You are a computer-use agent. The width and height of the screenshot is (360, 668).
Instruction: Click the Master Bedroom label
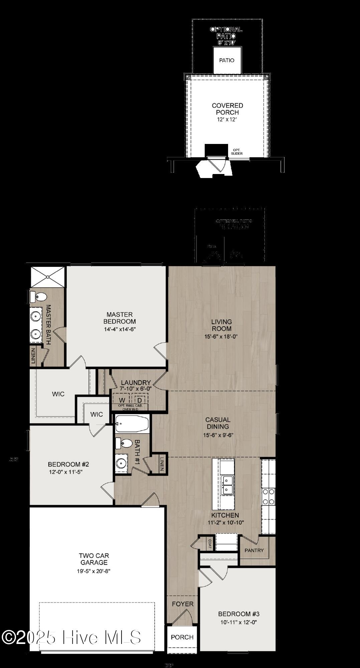(120, 318)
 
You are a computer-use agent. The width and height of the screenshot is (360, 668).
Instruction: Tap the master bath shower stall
(47, 277)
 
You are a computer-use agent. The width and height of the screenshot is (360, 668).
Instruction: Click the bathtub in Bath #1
(132, 424)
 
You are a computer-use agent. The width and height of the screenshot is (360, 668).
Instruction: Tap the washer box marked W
(123, 400)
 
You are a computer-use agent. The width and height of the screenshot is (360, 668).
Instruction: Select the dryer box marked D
(140, 400)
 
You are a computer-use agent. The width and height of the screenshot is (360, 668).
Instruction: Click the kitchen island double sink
(228, 485)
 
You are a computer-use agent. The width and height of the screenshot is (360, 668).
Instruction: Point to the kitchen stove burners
(268, 496)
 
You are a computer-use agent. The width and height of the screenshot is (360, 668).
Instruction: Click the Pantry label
(254, 550)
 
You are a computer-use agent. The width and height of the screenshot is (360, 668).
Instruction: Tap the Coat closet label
(210, 543)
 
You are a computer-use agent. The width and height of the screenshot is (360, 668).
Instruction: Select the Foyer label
(183, 604)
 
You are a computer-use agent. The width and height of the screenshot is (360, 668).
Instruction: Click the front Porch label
(182, 637)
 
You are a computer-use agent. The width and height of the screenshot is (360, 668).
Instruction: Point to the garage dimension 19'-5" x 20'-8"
(94, 571)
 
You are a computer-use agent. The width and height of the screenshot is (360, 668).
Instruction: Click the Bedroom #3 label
(239, 614)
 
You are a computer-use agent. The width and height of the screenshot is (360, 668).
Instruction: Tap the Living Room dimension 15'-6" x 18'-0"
(221, 337)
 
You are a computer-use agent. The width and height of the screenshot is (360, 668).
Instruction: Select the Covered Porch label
(227, 109)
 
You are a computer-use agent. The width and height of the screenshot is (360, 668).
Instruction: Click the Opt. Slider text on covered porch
(237, 152)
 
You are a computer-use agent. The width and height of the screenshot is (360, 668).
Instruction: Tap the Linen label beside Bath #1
(162, 464)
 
